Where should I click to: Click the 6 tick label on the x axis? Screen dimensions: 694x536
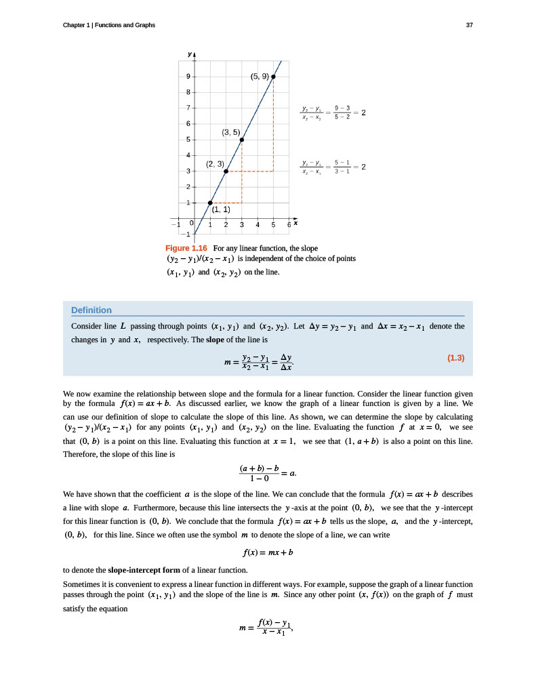click(x=289, y=224)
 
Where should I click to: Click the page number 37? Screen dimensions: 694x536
click(x=469, y=25)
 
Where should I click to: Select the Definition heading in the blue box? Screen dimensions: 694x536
click(x=91, y=310)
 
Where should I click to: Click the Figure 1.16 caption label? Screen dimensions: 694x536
click(x=186, y=248)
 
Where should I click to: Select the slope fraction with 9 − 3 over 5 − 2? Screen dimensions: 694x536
click(x=333, y=113)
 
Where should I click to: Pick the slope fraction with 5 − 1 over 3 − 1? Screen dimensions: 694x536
click(x=333, y=167)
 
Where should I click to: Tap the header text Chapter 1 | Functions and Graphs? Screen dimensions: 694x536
click(x=109, y=25)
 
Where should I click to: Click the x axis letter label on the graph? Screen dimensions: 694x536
click(x=296, y=222)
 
